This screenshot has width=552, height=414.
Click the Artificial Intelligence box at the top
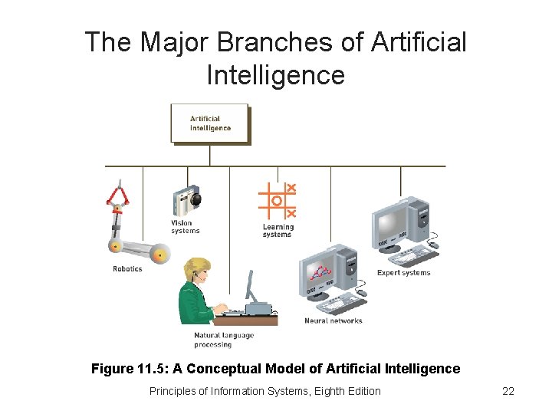click(209, 123)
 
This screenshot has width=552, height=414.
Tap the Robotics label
click(127, 269)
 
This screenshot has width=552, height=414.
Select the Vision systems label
click(186, 227)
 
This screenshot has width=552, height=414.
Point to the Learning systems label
click(278, 231)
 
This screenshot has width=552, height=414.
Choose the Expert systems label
click(403, 273)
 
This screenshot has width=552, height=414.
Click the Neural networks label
click(333, 320)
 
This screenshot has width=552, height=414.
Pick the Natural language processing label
click(223, 340)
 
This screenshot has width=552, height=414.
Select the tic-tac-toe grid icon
click(278, 201)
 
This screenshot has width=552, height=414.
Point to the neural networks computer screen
click(320, 274)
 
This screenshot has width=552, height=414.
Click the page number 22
click(508, 391)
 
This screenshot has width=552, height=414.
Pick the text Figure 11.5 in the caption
click(127, 369)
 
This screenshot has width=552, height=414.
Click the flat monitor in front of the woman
click(250, 287)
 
